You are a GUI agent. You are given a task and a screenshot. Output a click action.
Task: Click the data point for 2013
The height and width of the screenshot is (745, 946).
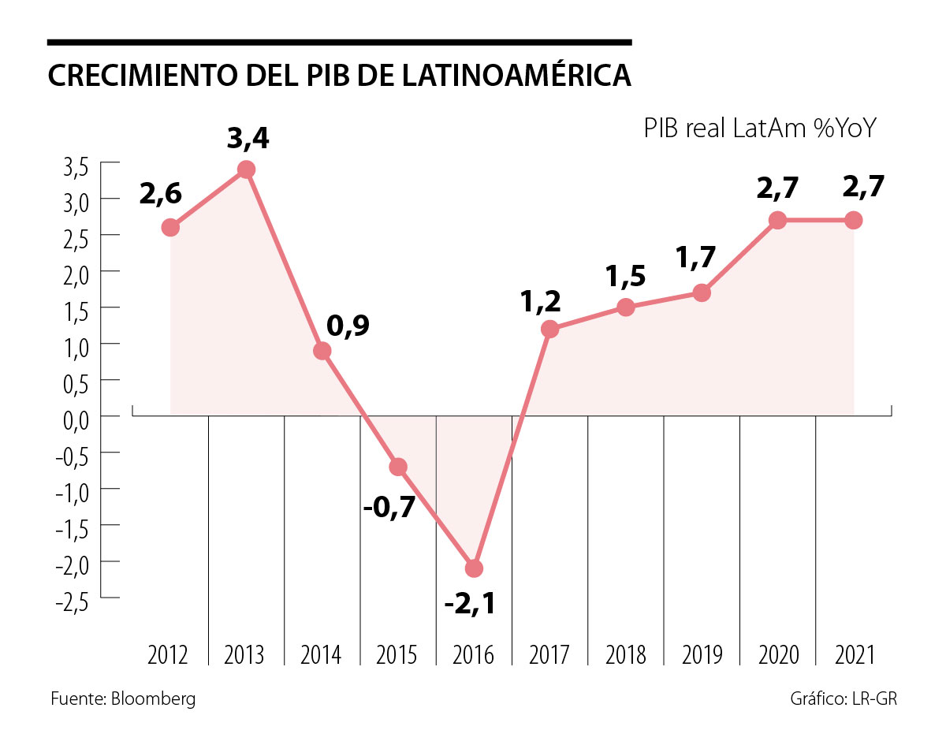pos(246,169)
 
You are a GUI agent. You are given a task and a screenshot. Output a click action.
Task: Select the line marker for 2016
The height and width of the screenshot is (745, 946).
pos(475,568)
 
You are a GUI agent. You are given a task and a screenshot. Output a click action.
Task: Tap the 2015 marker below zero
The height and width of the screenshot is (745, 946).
pos(398,467)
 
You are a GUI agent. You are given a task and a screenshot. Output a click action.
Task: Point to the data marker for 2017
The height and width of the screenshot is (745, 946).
pos(550,329)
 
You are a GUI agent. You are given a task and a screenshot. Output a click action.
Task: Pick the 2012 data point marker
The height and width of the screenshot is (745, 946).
pos(170,228)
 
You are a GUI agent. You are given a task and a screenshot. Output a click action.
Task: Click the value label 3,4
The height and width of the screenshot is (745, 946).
pos(248,140)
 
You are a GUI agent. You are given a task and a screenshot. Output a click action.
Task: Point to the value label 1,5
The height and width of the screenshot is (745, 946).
pos(626,278)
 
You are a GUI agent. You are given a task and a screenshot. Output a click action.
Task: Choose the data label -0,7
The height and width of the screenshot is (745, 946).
pos(389,507)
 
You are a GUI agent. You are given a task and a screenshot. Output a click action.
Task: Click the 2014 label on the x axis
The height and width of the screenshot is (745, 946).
pos(322,655)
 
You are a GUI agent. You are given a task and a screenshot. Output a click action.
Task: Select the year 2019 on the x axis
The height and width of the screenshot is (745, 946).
pos(702,655)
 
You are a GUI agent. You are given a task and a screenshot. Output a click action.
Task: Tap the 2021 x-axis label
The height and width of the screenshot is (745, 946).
pos(854,655)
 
